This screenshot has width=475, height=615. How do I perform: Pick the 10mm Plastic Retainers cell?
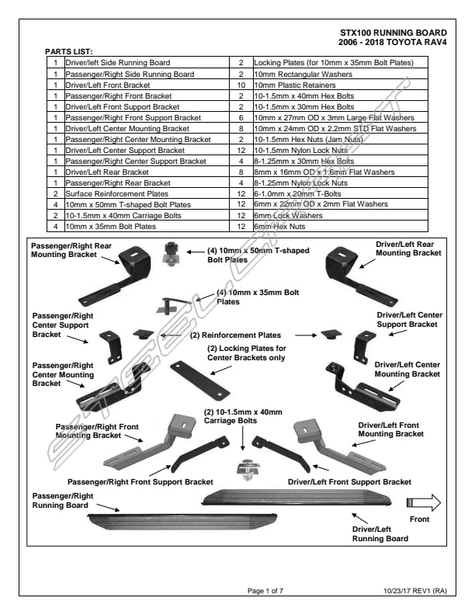point(291,84)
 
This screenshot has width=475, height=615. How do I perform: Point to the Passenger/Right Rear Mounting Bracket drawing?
point(129,274)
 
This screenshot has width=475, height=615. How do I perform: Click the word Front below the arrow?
point(420,519)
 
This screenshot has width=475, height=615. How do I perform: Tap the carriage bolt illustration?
point(245,470)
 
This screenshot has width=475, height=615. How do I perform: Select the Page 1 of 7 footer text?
point(265,590)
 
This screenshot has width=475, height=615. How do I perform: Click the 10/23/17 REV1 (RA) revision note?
point(415,590)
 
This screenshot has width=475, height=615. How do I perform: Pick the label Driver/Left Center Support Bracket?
point(409,320)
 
